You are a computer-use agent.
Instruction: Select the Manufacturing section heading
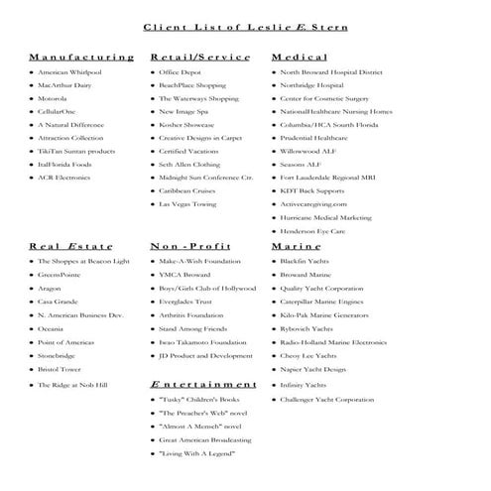click(x=81, y=59)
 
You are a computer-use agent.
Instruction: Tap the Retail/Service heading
click(x=199, y=59)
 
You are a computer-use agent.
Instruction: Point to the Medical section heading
click(x=299, y=59)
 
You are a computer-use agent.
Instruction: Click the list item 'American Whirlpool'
click(x=70, y=73)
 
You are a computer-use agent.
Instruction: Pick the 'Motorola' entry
click(x=53, y=99)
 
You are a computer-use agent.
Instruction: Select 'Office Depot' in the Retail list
click(x=180, y=73)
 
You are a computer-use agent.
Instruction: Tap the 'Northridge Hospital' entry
click(x=315, y=86)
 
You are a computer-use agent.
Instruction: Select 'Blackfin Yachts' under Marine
click(x=307, y=261)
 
